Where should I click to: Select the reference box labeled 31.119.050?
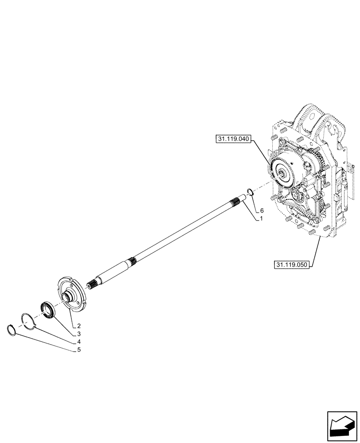pyautogui.click(x=291, y=265)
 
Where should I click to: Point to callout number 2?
pyautogui.click(x=78, y=326)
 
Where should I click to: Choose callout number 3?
pyautogui.click(x=78, y=334)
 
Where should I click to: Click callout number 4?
pyautogui.click(x=78, y=342)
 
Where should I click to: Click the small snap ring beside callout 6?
pyautogui.click(x=250, y=192)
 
